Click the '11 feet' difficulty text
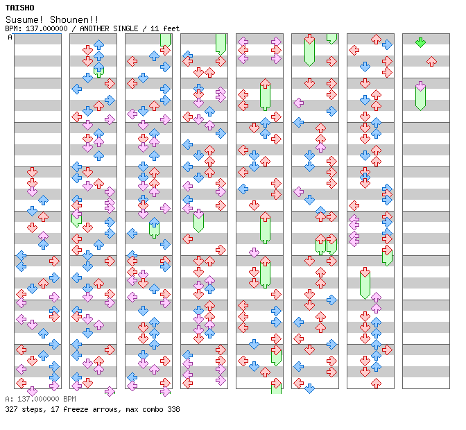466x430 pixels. point(167,28)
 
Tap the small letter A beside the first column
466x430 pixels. point(10,37)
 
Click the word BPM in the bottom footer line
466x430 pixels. point(71,399)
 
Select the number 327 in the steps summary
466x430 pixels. point(11,409)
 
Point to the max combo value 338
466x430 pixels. point(173,409)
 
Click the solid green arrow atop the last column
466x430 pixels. point(420,42)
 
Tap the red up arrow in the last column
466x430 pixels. point(431,62)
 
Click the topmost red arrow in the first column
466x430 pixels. point(32,171)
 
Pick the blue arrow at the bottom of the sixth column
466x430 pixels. point(309,388)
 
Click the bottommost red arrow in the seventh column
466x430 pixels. point(376,383)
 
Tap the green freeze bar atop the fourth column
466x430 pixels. point(221,43)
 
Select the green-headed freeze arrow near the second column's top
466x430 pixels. point(98,69)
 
